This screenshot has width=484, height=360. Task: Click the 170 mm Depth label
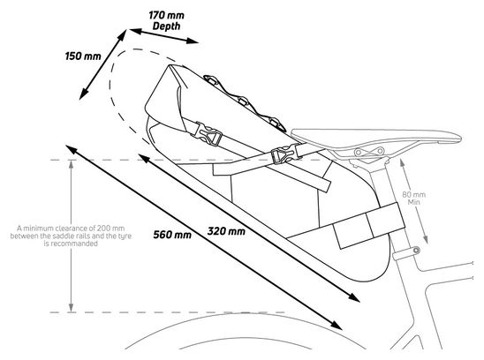point(166,20)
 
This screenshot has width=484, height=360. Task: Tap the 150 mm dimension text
point(83,56)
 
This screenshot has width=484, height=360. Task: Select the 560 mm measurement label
point(172,235)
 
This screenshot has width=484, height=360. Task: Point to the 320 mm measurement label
point(226,231)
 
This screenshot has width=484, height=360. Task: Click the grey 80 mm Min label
point(413,199)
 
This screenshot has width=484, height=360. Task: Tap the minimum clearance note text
point(71,236)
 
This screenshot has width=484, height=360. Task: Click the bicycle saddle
point(376,137)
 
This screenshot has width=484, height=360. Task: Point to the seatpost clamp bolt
point(416,250)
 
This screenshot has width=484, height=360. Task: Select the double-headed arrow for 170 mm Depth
point(163,36)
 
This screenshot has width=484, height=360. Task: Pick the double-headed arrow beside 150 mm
point(103,64)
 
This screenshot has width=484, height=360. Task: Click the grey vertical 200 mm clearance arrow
point(72,236)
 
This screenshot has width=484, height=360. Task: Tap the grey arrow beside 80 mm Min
point(413,201)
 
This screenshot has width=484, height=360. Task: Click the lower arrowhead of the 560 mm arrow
point(336,325)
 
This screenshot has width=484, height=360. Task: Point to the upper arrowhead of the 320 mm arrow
point(145,158)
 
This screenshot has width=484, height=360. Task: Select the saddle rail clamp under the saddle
point(369,152)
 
